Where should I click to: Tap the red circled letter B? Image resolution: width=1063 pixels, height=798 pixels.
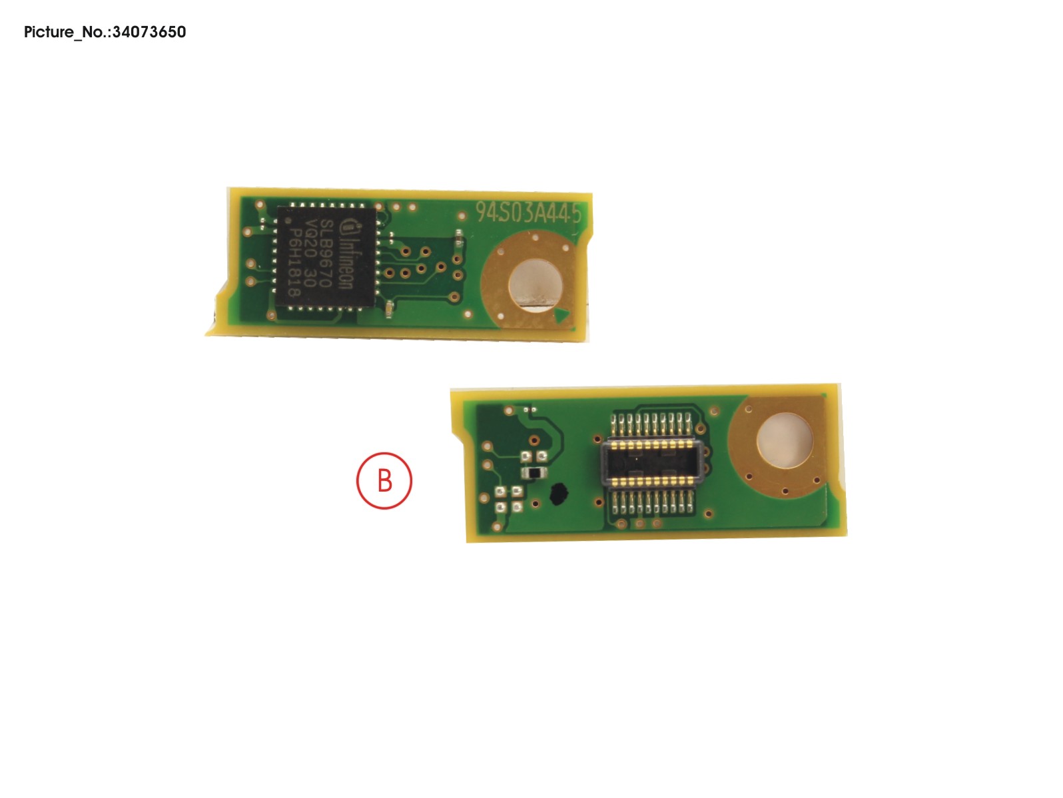click(x=384, y=480)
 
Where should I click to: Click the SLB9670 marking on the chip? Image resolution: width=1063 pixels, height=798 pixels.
click(x=326, y=252)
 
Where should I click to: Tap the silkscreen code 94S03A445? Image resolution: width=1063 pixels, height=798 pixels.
click(x=528, y=213)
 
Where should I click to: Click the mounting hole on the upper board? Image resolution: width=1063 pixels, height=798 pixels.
click(x=535, y=284)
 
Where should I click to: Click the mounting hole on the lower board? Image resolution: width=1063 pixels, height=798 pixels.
click(x=784, y=440)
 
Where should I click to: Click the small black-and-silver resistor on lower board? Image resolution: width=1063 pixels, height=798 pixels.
click(x=533, y=472)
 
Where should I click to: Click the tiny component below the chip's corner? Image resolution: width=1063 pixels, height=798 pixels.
click(x=389, y=308)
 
